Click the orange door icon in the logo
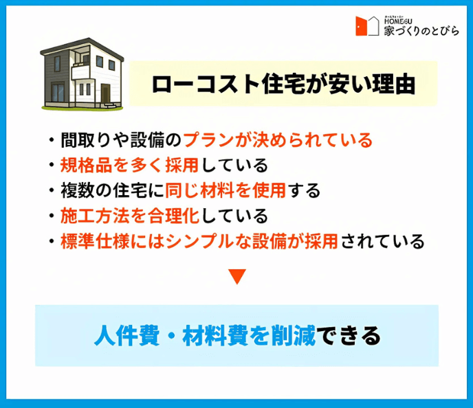pyautogui.click(x=361, y=26)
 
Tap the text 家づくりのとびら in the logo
pyautogui.click(x=421, y=31)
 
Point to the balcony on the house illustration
pyautogui.click(x=80, y=71)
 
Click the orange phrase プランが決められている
pyautogui.click(x=278, y=140)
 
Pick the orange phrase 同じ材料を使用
pyautogui.click(x=225, y=190)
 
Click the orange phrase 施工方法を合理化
pyautogui.click(x=130, y=216)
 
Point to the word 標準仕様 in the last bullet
pyautogui.click(x=96, y=241)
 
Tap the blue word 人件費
pyautogui.click(x=126, y=335)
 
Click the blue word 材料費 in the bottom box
pyautogui.click(x=215, y=335)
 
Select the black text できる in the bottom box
pyautogui.click(x=349, y=335)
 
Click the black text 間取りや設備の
pyautogui.click(x=121, y=140)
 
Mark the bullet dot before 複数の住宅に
pyautogui.click(x=52, y=191)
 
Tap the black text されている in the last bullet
pyautogui.click(x=383, y=241)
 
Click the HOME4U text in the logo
pyautogui.click(x=398, y=21)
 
